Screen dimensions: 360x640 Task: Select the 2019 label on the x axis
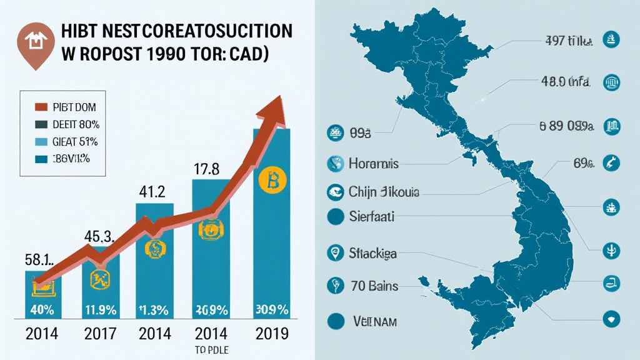(x=271, y=333)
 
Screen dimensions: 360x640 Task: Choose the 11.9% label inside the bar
(x=99, y=309)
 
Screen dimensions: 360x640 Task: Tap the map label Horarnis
(x=373, y=164)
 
